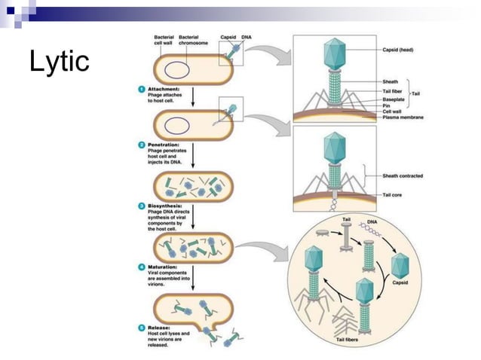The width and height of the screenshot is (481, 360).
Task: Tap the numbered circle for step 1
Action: pyautogui.click(x=141, y=88)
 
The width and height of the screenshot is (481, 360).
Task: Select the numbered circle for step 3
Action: pyautogui.click(x=141, y=205)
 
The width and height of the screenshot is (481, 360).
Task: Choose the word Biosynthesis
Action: pyautogui.click(x=165, y=205)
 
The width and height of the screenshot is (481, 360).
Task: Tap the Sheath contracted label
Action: pyautogui.click(x=403, y=175)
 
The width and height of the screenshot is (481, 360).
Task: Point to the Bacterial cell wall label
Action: pyautogui.click(x=161, y=40)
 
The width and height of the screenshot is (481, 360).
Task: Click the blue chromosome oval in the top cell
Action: pyautogui.click(x=178, y=69)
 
